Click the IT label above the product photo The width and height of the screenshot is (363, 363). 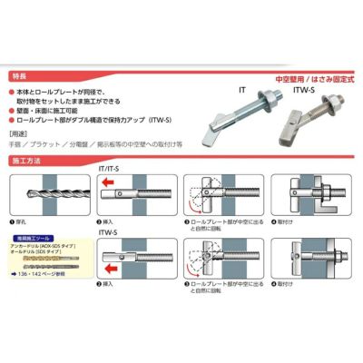coord(243,92)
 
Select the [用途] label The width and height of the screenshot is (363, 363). coord(23,133)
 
